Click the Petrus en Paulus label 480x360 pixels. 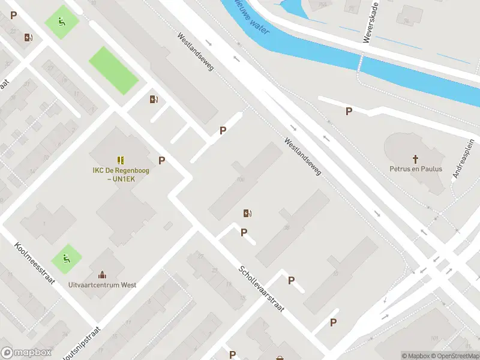click(x=415, y=169)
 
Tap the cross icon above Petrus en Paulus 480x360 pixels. click(x=415, y=158)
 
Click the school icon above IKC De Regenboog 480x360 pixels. click(x=121, y=160)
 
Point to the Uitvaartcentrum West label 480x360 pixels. click(x=102, y=285)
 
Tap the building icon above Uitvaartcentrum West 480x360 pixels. click(x=102, y=274)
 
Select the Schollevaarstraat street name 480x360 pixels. click(x=261, y=288)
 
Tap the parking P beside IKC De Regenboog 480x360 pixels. click(x=161, y=160)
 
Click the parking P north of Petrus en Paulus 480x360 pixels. click(x=348, y=111)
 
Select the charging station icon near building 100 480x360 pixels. click(x=247, y=213)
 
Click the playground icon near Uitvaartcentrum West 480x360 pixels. click(x=66, y=260)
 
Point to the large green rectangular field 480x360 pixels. click(x=113, y=70)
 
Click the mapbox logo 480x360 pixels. click(x=26, y=353)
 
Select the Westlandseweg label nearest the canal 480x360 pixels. click(x=195, y=52)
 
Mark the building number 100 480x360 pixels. click(x=241, y=179)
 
